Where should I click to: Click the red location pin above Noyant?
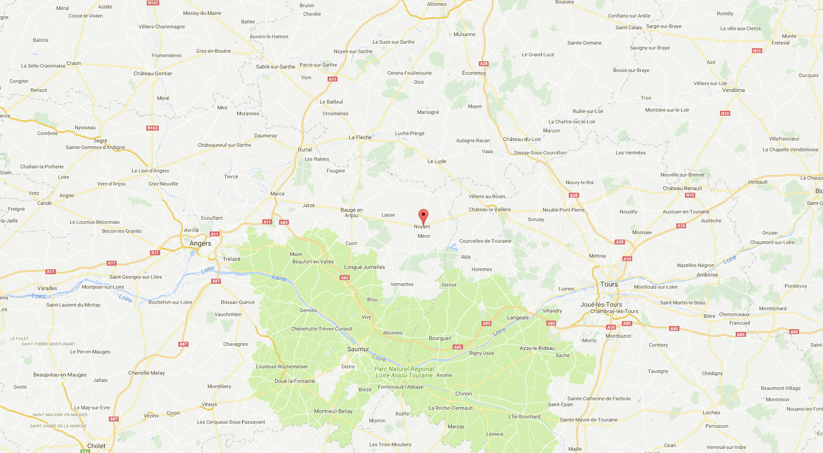[x=423, y=216]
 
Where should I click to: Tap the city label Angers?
[x=200, y=243]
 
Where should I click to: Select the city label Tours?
[x=609, y=284]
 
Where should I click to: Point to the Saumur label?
[x=358, y=349]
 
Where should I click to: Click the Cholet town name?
[x=96, y=446]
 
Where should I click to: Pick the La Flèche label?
[x=360, y=137]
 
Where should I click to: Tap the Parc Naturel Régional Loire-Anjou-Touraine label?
[x=404, y=372]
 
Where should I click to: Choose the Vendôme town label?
[x=733, y=90]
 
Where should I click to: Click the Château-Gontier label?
[x=153, y=73]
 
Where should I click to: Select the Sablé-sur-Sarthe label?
[x=275, y=67]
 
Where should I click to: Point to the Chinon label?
[x=463, y=394]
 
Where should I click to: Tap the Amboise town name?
[x=707, y=275]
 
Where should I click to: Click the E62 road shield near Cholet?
[x=85, y=451]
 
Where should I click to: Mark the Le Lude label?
[x=436, y=161]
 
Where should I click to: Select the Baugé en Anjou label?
[x=351, y=213]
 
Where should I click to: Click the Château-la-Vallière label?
[x=490, y=209]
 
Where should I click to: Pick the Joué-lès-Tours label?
[x=601, y=304]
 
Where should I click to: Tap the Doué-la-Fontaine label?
[x=294, y=381]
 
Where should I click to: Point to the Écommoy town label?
[x=474, y=73]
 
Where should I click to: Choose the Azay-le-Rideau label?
[x=537, y=348]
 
